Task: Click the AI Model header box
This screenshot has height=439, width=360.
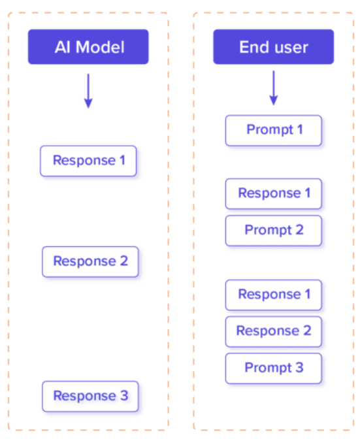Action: pyautogui.click(x=88, y=47)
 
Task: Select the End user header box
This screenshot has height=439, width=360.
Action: pyautogui.click(x=273, y=47)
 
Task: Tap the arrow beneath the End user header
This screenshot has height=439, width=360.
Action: pyautogui.click(x=273, y=88)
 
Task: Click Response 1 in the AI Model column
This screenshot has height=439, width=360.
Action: pyautogui.click(x=88, y=161)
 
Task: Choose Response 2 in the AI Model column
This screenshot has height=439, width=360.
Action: pyautogui.click(x=90, y=261)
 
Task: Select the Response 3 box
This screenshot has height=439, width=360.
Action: pyautogui.click(x=90, y=396)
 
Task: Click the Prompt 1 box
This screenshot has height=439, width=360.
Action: pyautogui.click(x=274, y=130)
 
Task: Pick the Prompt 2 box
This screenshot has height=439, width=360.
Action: pyautogui.click(x=274, y=230)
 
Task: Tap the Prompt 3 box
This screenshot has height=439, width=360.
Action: pyautogui.click(x=274, y=368)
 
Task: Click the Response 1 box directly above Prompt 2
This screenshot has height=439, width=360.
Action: pyautogui.click(x=274, y=193)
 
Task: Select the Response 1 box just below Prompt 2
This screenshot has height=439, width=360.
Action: pyautogui.click(x=274, y=295)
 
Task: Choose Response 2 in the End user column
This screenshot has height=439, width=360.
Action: pyautogui.click(x=274, y=331)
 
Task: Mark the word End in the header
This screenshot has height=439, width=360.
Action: pyautogui.click(x=254, y=47)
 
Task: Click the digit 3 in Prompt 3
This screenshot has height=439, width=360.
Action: pyautogui.click(x=299, y=368)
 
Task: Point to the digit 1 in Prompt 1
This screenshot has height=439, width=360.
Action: pyautogui.click(x=299, y=130)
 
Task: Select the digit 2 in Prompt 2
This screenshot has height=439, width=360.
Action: pyautogui.click(x=299, y=230)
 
